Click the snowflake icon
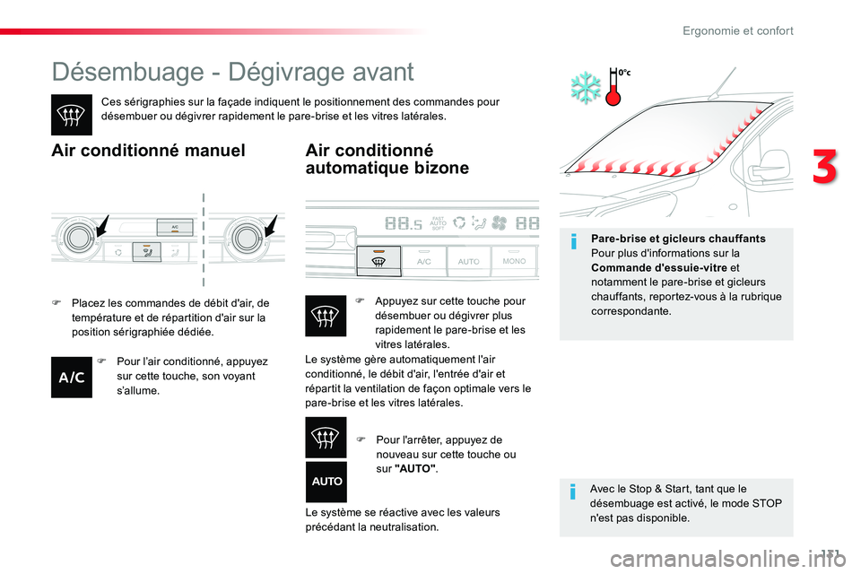[586, 87]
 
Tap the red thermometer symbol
[613, 87]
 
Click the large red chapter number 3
[825, 167]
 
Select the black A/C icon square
[72, 377]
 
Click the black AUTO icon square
[326, 482]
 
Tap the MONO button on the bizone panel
[514, 260]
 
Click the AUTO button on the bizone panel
[468, 261]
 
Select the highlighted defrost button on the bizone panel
[378, 261]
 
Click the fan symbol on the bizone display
[500, 223]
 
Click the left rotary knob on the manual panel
[80, 238]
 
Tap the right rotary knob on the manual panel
[248, 238]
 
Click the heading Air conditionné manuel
[148, 151]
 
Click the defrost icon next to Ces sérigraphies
[72, 115]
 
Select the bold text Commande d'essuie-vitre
[659, 268]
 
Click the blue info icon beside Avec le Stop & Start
[573, 491]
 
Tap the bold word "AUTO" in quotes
[415, 468]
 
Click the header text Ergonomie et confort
[738, 30]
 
